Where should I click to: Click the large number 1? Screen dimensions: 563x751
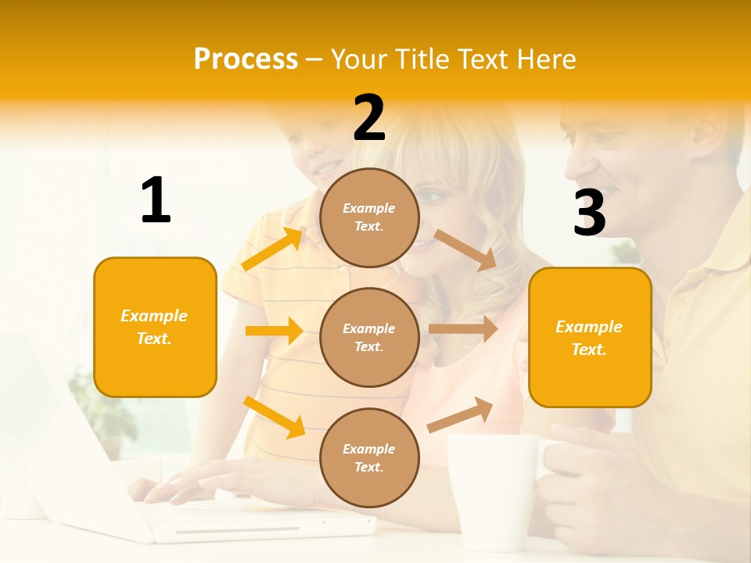point(156,200)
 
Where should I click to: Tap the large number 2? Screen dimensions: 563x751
point(369,118)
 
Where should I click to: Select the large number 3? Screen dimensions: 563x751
point(589,213)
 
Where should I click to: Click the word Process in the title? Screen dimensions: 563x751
point(246,59)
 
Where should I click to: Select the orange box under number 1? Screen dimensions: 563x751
point(155,327)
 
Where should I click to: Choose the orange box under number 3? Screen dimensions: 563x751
point(590,337)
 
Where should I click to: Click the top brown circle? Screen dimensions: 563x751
point(369,217)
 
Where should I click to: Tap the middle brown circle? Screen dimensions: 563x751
point(369,337)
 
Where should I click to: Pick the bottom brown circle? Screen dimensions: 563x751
point(369,457)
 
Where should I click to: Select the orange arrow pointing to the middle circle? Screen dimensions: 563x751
point(274,331)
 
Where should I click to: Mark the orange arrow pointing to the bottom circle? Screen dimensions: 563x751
point(275,417)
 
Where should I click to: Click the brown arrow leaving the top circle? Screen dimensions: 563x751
point(465,250)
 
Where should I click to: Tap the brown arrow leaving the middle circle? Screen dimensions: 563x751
point(463,329)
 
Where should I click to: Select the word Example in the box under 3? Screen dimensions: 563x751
point(589,327)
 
